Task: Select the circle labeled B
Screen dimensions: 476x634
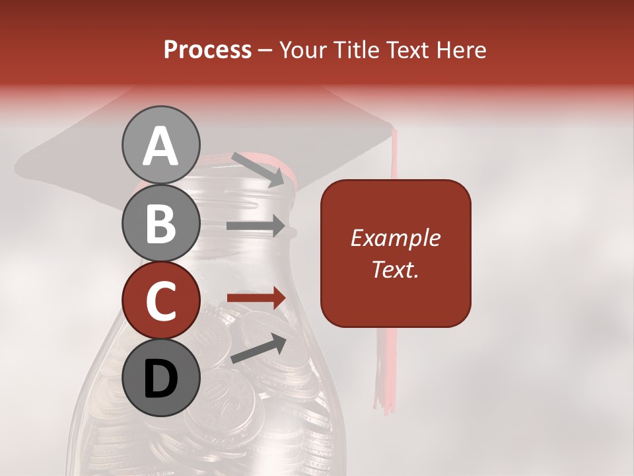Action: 161,223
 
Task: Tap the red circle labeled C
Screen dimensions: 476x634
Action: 161,301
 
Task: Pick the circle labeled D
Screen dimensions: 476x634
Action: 161,377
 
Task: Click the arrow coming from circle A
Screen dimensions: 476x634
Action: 258,169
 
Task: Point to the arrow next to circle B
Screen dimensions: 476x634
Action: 256,226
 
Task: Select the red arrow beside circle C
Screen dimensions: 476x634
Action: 256,298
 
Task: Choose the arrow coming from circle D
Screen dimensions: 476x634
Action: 258,348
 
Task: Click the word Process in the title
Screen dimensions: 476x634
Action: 207,50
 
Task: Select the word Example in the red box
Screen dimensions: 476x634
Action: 395,238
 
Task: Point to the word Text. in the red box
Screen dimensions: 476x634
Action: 395,270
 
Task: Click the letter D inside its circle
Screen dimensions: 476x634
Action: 161,379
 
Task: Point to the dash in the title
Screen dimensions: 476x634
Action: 265,51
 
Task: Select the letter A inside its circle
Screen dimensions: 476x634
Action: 161,146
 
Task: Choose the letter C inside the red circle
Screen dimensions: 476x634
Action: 161,301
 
